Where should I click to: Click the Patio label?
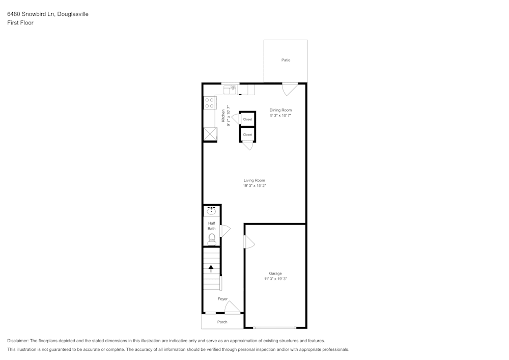click(x=286, y=60)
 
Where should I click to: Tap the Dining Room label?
click(x=280, y=110)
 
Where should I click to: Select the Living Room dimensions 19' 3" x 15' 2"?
click(x=254, y=186)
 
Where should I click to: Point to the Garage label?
click(x=275, y=273)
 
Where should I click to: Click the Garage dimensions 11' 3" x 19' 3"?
click(x=275, y=279)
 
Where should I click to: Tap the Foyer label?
click(x=222, y=299)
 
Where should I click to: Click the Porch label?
click(x=222, y=322)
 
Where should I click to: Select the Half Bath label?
click(x=212, y=226)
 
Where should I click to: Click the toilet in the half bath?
click(x=212, y=239)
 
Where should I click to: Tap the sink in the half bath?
click(x=211, y=211)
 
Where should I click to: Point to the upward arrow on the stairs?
click(x=211, y=268)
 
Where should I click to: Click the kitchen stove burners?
click(x=209, y=103)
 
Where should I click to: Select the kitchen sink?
click(x=230, y=90)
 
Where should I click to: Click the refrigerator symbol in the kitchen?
click(x=210, y=133)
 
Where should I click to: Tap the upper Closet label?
click(x=247, y=119)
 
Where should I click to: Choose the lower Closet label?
click(x=247, y=134)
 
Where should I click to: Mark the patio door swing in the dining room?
click(x=290, y=89)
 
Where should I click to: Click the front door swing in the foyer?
click(x=232, y=307)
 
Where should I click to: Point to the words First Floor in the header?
click(x=20, y=23)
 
